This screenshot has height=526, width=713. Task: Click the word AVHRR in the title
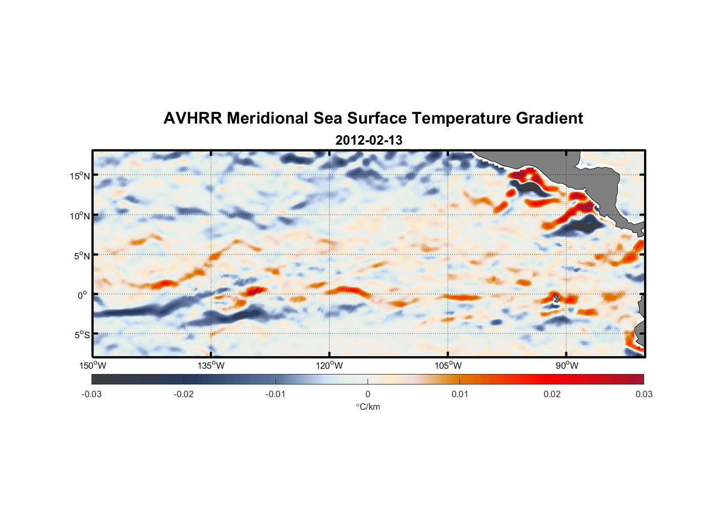point(192,118)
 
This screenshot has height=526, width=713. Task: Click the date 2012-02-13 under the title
point(369,140)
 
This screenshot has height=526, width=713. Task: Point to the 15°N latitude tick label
point(80,176)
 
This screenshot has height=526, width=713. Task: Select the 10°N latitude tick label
point(80,216)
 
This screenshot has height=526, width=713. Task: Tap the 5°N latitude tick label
point(82,256)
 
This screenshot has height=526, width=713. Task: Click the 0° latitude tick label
point(82,296)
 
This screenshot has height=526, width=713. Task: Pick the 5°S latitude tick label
point(82,335)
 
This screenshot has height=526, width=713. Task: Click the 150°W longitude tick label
point(93,366)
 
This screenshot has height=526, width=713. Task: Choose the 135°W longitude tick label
point(211,366)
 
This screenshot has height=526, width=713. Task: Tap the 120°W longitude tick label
point(330,366)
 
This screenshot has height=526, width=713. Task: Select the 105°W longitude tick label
point(448,366)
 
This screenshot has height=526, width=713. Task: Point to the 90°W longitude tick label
point(567,366)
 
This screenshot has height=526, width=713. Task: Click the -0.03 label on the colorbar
point(91,394)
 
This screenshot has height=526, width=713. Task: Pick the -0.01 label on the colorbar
point(276,394)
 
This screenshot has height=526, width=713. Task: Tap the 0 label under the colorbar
point(368,394)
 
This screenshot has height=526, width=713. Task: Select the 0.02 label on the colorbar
point(552,394)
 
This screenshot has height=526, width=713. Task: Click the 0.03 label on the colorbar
point(644,394)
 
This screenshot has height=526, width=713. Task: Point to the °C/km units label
point(368,407)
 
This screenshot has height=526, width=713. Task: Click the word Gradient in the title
point(549,118)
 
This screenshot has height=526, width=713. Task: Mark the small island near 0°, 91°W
point(556,298)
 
